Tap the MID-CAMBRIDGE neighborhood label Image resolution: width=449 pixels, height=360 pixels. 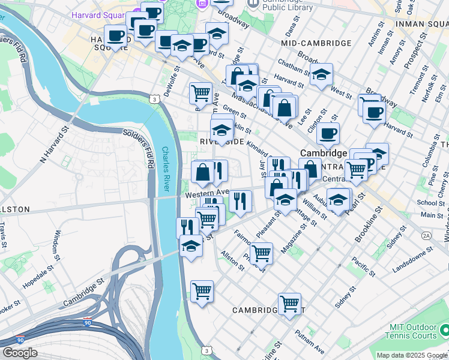316,43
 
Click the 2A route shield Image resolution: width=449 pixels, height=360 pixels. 427,236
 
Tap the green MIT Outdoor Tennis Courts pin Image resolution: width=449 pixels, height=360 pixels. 444,331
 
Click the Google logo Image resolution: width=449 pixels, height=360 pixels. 20,353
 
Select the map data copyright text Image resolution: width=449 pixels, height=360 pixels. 412,355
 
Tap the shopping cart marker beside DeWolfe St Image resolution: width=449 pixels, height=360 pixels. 200,92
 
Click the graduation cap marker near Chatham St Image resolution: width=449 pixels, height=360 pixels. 322,74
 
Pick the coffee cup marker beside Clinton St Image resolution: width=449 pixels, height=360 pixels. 328,134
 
